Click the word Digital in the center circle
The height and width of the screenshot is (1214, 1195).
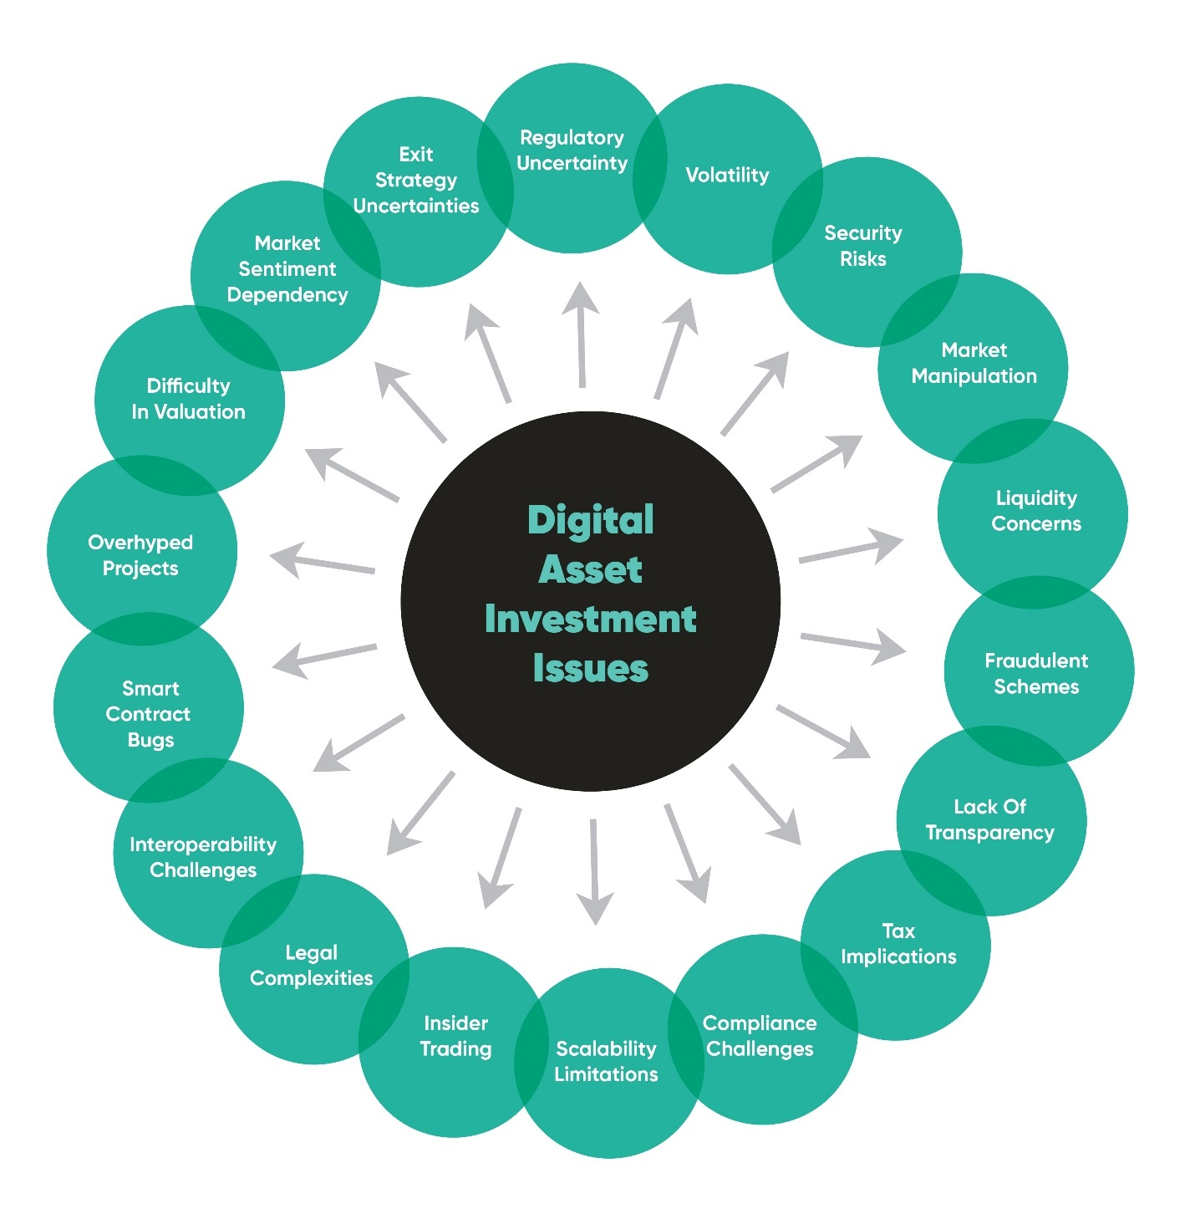tap(590, 520)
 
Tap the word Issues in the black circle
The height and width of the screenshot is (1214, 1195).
tap(590, 668)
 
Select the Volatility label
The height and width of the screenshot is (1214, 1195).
tap(727, 175)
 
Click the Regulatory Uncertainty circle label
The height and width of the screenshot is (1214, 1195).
tap(572, 150)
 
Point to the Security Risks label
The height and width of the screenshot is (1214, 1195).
tap(863, 246)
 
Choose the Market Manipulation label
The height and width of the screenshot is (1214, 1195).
tap(974, 363)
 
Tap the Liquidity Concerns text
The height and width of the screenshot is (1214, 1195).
tap(1035, 511)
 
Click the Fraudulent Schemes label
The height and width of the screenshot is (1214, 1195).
tap(1036, 673)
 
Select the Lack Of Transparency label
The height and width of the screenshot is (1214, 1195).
tap(989, 819)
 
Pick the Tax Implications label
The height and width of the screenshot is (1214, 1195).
tap(898, 944)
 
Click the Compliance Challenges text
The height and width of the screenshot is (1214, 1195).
tap(760, 1036)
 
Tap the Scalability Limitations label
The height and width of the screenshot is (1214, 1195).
tap(606, 1061)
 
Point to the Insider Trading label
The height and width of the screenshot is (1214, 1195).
tap(455, 1036)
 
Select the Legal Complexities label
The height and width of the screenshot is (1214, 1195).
tap(311, 965)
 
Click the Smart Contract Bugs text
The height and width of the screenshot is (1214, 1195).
tap(150, 714)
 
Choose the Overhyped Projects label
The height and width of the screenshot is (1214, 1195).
tap(140, 555)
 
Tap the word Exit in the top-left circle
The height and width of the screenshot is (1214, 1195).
tap(416, 155)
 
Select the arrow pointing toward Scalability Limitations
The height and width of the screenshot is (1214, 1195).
tap(594, 872)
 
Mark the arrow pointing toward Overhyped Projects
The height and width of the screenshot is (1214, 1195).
tap(322, 560)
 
